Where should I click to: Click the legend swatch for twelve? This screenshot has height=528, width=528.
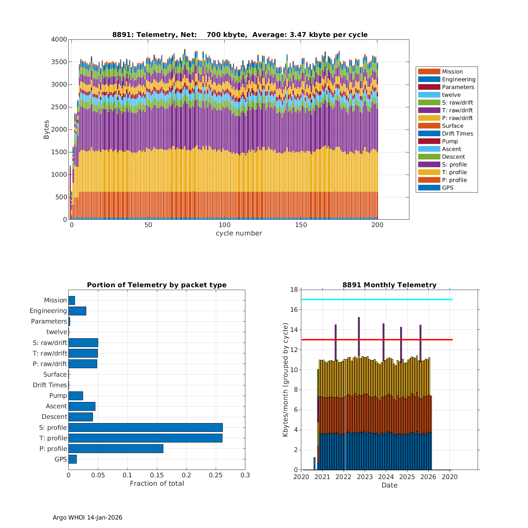429,95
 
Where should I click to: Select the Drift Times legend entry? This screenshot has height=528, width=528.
457,133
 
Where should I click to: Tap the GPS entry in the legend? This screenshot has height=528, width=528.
447,188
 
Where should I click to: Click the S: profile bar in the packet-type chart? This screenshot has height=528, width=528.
145,427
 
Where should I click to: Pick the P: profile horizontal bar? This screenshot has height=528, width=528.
116,448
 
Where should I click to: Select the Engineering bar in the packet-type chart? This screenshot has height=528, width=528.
77,311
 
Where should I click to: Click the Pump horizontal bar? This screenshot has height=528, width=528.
76,396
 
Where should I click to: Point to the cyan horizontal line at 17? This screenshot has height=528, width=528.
377,300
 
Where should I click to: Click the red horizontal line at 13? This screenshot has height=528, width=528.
377,340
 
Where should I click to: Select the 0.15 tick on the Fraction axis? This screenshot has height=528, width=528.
127,475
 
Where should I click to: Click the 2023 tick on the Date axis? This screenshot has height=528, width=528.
365,477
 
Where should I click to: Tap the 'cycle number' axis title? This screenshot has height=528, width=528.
239,233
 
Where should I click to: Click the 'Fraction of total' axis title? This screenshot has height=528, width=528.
157,484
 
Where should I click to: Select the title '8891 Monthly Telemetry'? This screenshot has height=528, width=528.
389,285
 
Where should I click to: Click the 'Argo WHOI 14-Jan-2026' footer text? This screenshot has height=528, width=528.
87,517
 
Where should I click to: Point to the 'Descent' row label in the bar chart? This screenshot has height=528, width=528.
54,417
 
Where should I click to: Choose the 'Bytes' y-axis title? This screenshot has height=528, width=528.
46,130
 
